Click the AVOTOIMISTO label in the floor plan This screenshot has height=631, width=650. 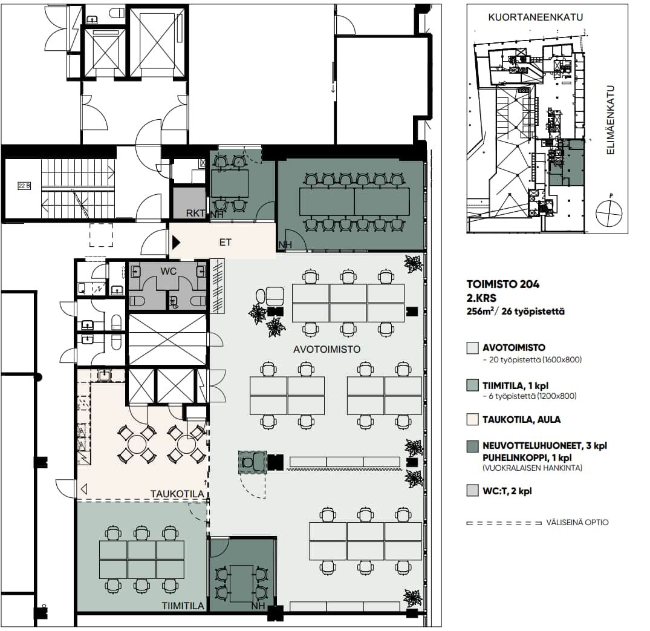click(327, 349)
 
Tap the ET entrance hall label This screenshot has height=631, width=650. click(225, 242)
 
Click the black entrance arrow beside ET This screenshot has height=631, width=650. click(176, 242)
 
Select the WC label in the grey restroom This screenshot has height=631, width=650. click(168, 271)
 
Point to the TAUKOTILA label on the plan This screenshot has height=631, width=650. click(177, 494)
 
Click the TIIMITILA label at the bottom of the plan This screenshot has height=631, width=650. click(183, 606)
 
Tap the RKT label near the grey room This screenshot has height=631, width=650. click(195, 213)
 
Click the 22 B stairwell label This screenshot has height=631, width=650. click(24, 186)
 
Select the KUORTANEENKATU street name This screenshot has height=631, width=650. click(535, 18)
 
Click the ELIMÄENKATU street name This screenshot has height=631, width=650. click(610, 120)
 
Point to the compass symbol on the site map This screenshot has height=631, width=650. click(609, 213)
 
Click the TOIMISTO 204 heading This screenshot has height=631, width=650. click(503, 284)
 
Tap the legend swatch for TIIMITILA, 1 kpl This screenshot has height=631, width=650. click(473, 385)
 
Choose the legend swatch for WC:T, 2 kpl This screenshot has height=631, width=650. click(473, 491)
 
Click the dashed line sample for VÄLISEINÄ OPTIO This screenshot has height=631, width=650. click(504, 523)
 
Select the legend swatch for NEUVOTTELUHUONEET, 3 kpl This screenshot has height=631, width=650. click(473, 446)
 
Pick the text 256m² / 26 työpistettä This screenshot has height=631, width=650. click(515, 312)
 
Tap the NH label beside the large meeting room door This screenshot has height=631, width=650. click(285, 245)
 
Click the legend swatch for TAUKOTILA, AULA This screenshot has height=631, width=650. click(473, 419)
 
